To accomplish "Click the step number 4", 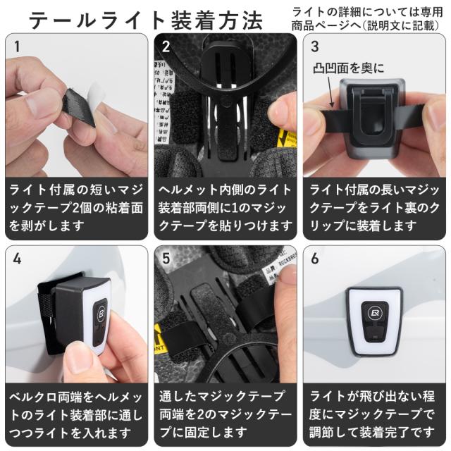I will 17,258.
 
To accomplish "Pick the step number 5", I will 166,258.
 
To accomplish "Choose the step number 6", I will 314,258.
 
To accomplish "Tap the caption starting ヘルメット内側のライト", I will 225,208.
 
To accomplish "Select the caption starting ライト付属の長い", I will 375,208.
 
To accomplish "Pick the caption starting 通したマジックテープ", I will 225,414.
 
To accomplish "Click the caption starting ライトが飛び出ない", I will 375,414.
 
